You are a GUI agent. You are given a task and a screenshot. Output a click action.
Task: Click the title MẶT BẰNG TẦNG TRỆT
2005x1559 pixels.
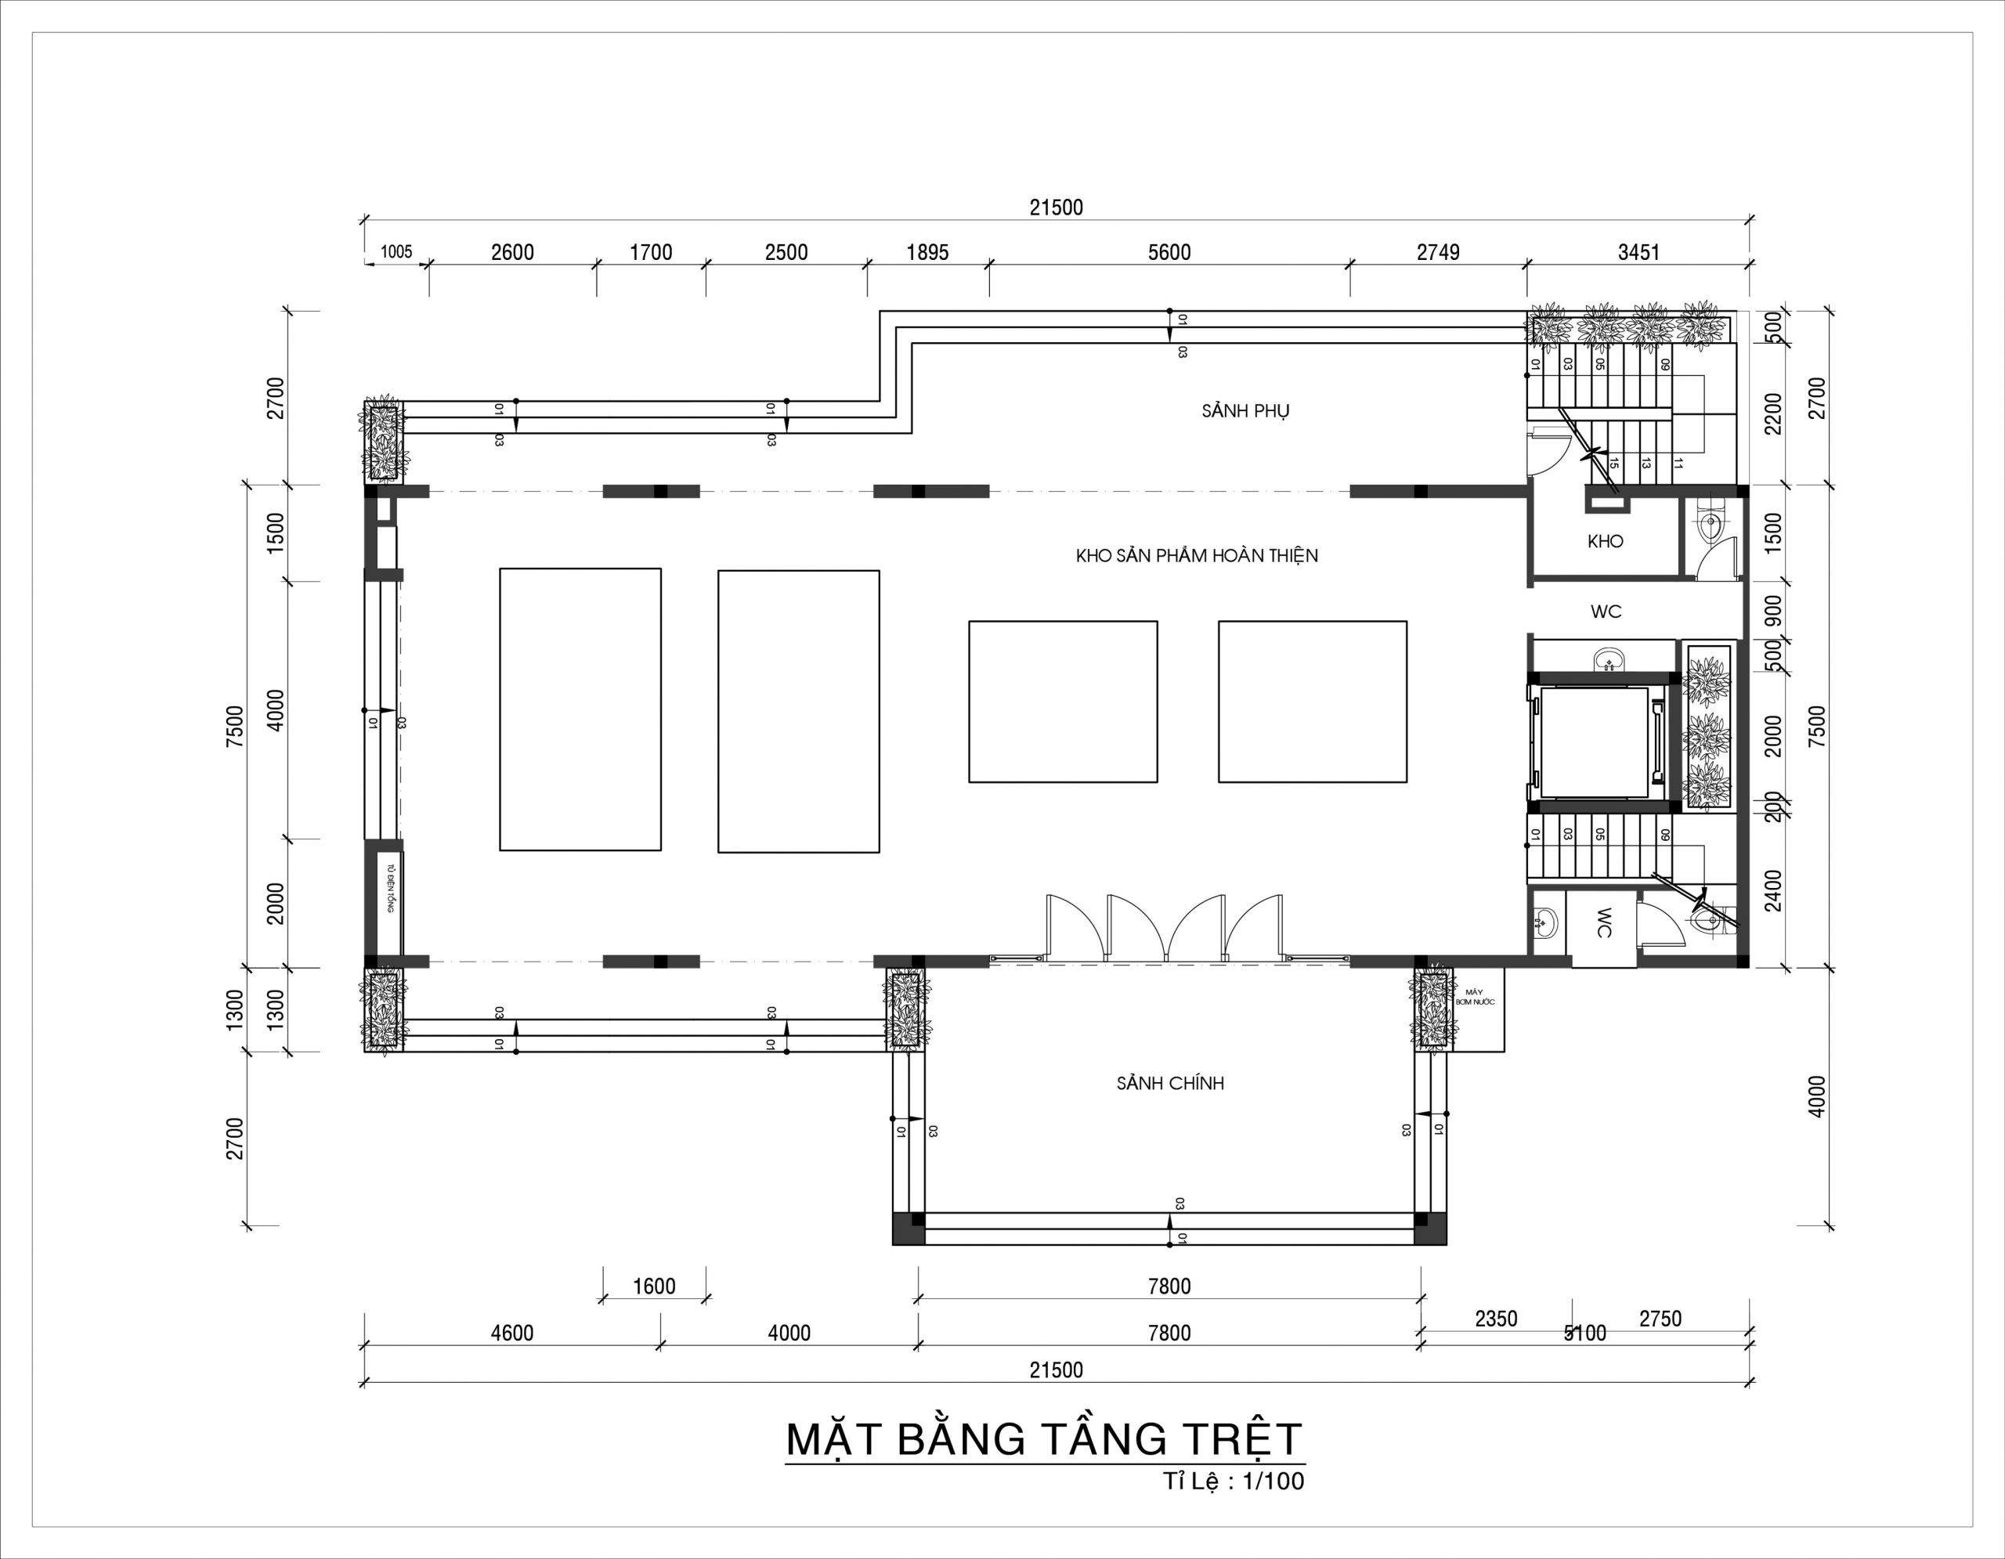click(1044, 1438)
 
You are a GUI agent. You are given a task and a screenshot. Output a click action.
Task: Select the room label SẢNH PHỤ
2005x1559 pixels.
click(1245, 411)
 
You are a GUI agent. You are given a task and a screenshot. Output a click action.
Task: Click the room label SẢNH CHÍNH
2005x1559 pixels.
click(1169, 1084)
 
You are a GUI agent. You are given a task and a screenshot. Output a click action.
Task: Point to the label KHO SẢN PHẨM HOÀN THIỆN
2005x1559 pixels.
click(1196, 556)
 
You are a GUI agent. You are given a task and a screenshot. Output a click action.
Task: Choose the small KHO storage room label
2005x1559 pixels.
click(1605, 541)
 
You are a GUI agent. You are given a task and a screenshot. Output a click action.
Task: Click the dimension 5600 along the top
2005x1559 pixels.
click(1169, 252)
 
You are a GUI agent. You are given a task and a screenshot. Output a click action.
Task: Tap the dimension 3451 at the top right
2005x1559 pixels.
click(1638, 252)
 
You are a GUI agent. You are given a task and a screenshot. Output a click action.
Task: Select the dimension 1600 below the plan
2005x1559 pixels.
click(654, 1287)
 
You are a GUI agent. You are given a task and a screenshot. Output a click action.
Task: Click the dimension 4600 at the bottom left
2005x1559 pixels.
click(511, 1333)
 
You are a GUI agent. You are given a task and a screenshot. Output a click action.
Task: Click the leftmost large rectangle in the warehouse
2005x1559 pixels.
click(580, 709)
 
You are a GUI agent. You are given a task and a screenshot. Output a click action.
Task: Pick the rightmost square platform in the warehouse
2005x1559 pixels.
click(1312, 702)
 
